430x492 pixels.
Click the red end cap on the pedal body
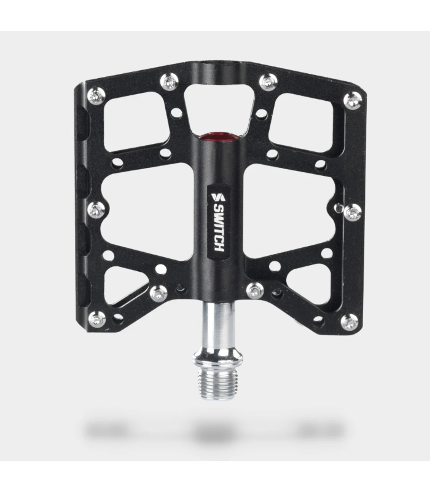[219, 136]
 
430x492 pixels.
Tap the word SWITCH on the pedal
[219, 228]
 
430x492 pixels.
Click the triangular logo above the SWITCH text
[218, 197]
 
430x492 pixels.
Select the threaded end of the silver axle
[218, 383]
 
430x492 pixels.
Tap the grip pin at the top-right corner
[353, 101]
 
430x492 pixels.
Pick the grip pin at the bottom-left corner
[97, 319]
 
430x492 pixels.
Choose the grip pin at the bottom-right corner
[350, 322]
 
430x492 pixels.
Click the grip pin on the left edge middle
[96, 210]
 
